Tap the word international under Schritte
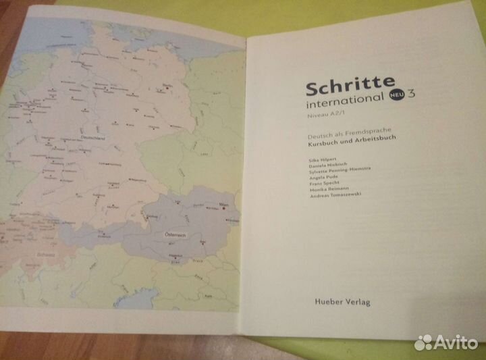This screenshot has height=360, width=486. [344, 103]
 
